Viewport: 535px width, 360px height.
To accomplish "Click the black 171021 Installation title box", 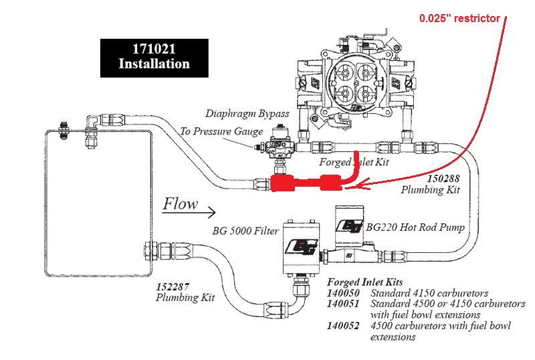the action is click(x=154, y=58).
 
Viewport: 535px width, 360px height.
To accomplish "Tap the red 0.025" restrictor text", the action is click(x=459, y=18).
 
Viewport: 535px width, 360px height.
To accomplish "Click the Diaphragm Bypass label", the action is click(x=247, y=113).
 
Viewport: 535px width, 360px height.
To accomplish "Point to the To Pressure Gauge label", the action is click(x=221, y=131).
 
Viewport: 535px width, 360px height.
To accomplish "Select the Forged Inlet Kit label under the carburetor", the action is click(x=354, y=162).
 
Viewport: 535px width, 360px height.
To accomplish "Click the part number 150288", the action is click(x=443, y=178).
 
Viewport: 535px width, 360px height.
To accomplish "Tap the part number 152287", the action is click(x=173, y=286).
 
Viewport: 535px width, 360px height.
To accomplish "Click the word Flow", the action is click(x=180, y=204).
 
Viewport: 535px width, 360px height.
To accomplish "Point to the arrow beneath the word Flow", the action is click(x=189, y=212).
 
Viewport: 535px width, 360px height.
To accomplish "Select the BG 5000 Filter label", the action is click(x=245, y=231).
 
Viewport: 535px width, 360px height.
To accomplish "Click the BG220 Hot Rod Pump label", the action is click(x=415, y=227).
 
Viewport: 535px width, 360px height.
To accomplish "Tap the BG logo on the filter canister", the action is click(x=302, y=247).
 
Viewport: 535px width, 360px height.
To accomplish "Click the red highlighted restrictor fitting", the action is click(x=306, y=183).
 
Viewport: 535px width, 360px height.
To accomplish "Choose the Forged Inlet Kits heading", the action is click(x=365, y=282).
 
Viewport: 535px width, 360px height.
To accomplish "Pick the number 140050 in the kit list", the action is click(x=343, y=293).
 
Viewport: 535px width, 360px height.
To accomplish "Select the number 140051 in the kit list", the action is click(x=343, y=304).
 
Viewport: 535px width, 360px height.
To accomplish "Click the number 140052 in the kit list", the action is click(x=343, y=326).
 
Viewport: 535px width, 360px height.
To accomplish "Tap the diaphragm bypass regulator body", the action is click(x=279, y=145).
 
